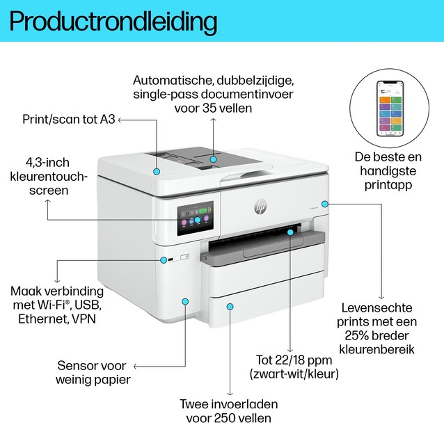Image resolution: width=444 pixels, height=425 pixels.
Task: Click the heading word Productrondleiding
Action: point(114,21)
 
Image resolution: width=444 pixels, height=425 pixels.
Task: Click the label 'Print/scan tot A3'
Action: point(68,120)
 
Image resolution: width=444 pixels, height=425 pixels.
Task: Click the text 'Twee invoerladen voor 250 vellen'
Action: point(230,411)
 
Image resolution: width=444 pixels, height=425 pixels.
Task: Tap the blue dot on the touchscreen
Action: point(198,220)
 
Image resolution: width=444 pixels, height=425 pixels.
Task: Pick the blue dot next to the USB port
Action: point(161,261)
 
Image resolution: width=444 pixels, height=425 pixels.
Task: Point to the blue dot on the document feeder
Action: point(214,159)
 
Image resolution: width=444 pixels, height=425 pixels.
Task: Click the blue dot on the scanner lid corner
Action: point(157,170)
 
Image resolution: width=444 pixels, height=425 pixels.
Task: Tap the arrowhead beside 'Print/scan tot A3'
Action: point(121,120)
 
